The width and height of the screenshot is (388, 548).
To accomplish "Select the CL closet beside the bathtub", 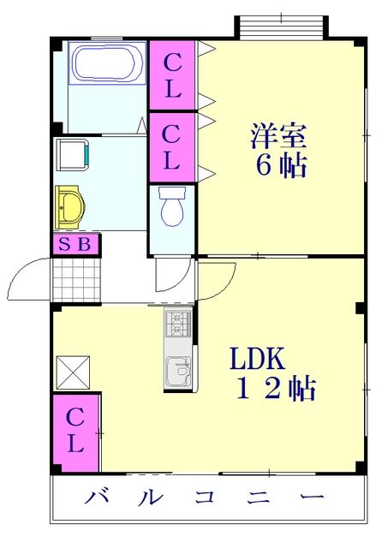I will pos(173,74).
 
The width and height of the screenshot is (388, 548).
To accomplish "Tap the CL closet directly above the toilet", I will pos(172,146).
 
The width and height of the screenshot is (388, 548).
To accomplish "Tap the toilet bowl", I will pos(172,207).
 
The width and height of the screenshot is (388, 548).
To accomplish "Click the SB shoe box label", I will pos(75,245).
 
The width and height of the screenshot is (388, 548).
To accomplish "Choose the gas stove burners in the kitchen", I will pos(180,324).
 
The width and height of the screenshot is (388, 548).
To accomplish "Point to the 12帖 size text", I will pos(276,390).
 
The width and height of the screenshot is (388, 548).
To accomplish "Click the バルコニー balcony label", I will pos(206,498).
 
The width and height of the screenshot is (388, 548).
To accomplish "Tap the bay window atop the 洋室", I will pos(281,27).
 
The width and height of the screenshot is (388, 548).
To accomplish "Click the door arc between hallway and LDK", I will pos(218,279).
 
